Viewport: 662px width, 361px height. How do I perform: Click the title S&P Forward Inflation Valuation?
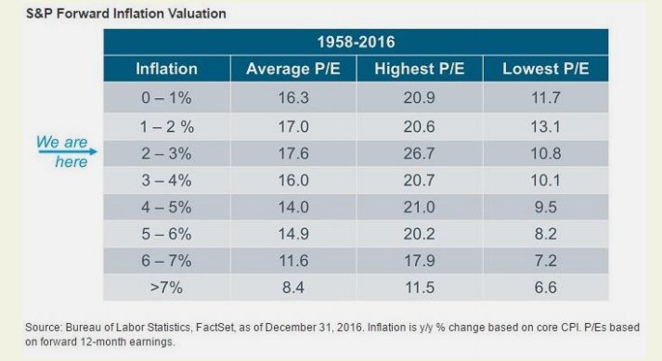click(x=126, y=14)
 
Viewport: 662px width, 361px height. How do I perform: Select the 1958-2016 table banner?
click(x=356, y=42)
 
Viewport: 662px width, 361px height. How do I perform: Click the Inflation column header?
click(x=167, y=69)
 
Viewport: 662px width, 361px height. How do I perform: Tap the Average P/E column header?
click(x=293, y=69)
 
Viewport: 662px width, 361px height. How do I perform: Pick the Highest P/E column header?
click(x=420, y=69)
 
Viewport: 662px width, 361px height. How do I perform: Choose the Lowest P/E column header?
click(x=545, y=69)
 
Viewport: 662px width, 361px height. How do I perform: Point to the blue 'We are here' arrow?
click(x=68, y=151)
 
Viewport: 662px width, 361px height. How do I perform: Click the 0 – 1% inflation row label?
click(x=166, y=98)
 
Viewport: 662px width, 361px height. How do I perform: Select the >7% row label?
click(x=166, y=288)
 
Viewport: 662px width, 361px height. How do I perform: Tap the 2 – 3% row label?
click(x=166, y=153)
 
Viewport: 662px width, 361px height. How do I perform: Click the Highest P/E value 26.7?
click(x=419, y=153)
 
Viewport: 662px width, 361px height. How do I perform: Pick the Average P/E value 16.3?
click(x=293, y=98)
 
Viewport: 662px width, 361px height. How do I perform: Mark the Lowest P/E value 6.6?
click(x=545, y=288)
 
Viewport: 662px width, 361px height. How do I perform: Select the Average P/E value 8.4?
click(x=293, y=288)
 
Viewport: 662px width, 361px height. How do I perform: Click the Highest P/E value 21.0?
click(x=419, y=207)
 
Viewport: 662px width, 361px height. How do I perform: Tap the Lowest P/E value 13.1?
click(x=545, y=126)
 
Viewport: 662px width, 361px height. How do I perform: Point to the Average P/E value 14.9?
click(x=293, y=234)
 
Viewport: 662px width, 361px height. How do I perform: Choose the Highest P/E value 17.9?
click(x=419, y=261)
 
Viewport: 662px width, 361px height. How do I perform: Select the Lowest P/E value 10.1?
click(x=545, y=180)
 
